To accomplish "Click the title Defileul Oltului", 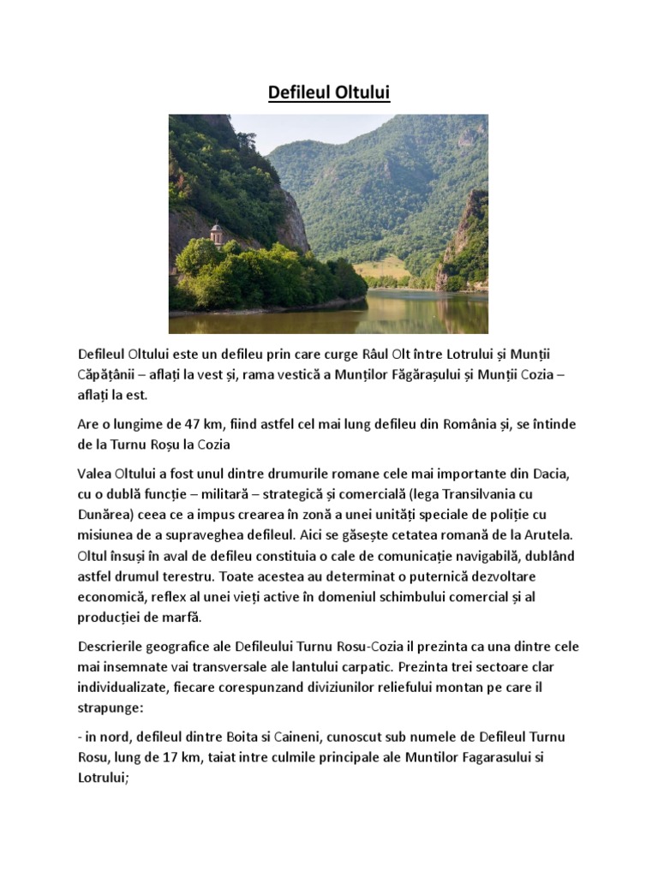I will (329, 92).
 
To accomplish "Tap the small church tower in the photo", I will (216, 232).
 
